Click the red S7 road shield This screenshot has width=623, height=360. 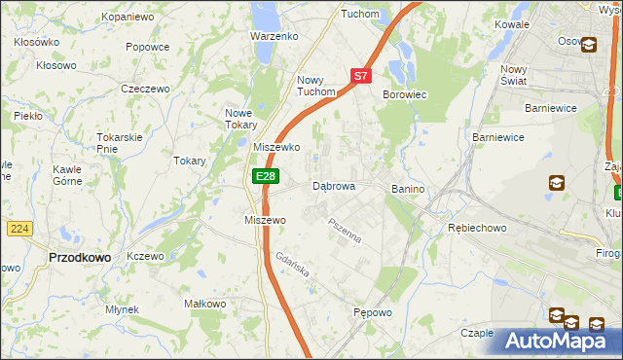pyautogui.click(x=360, y=75)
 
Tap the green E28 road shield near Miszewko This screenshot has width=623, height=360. pyautogui.click(x=266, y=175)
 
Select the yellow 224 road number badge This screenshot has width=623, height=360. pyautogui.click(x=19, y=229)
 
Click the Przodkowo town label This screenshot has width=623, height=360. pyautogui.click(x=79, y=258)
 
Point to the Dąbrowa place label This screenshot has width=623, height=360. pyautogui.click(x=333, y=185)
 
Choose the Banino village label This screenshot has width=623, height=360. pyautogui.click(x=409, y=188)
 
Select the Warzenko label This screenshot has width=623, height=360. pyautogui.click(x=274, y=36)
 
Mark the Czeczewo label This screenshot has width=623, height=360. pyautogui.click(x=145, y=88)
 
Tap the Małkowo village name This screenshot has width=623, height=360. pyautogui.click(x=205, y=304)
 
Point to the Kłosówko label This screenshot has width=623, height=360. pyautogui.click(x=37, y=43)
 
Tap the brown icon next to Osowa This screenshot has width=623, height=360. pyautogui.click(x=589, y=43)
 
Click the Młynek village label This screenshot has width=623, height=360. pyautogui.click(x=123, y=309)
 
